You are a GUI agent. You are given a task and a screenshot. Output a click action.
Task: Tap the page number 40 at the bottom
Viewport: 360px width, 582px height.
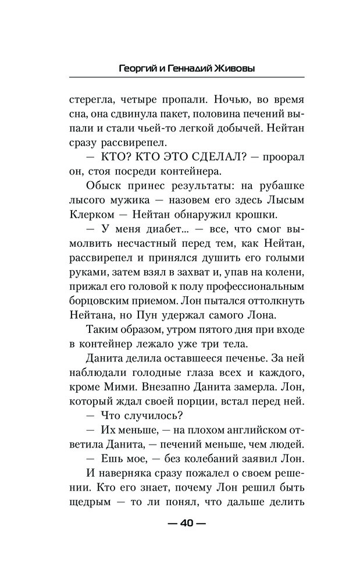coord(186,522)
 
